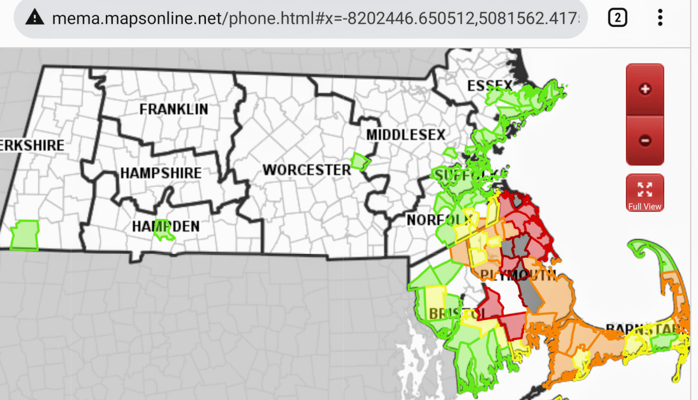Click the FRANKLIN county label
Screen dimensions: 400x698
[x=173, y=109]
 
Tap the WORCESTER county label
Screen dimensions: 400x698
[x=307, y=170]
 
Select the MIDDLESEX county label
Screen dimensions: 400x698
[x=405, y=135]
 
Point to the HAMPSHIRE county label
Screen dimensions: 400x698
[x=161, y=173]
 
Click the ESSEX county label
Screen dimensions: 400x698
[x=490, y=87]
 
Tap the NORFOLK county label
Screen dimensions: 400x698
[x=430, y=220]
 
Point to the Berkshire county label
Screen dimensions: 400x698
[x=32, y=145]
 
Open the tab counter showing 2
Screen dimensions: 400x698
[x=617, y=18]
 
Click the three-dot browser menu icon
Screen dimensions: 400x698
[x=660, y=18]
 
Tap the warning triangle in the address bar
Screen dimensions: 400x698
[x=37, y=18]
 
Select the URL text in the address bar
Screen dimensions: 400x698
[x=314, y=18]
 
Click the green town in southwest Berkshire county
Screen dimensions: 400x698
[x=24, y=235]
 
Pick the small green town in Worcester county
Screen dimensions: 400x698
[x=360, y=162]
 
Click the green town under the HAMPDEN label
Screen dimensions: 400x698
[x=164, y=231]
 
